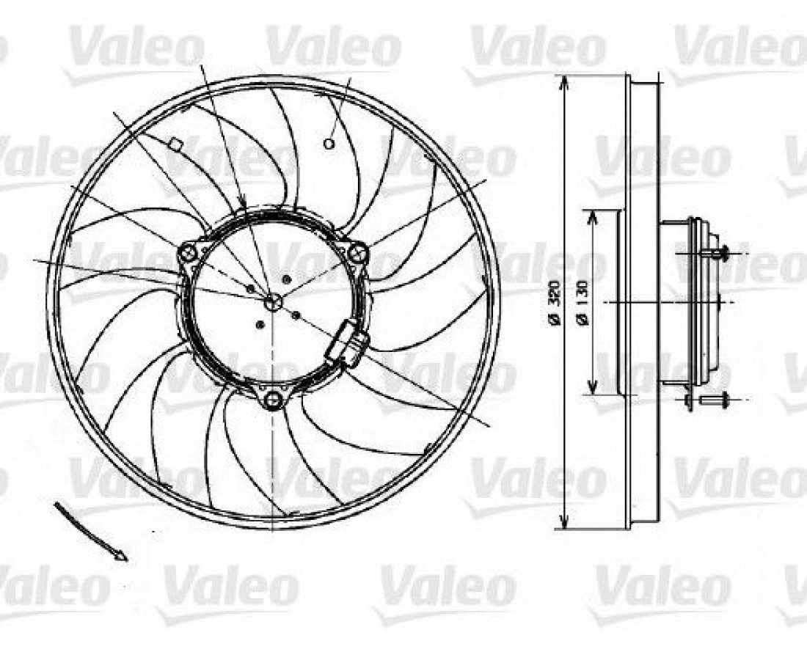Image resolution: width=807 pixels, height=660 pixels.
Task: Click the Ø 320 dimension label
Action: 555,302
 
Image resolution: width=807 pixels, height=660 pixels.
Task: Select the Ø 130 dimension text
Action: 583,303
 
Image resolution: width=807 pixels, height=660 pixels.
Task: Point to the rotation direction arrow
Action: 90,532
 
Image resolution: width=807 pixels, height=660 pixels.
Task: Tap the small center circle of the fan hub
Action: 272,302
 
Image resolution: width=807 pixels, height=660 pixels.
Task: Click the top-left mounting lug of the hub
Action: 188,253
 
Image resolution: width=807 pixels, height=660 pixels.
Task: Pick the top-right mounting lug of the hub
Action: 357,252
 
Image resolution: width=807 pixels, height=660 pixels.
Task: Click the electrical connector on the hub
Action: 348,342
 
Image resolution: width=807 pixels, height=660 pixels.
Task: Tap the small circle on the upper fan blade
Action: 329,144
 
